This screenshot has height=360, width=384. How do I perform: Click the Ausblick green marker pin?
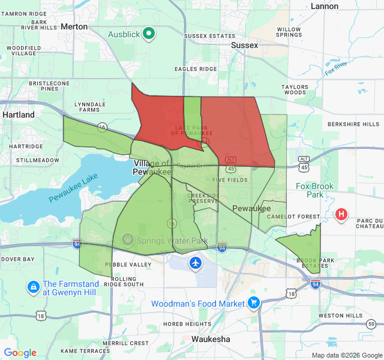(149, 34)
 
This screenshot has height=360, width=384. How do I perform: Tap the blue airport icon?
(196, 263)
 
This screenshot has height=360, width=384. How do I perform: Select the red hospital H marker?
(342, 214)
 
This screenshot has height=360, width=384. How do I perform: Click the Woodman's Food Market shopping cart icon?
(254, 304)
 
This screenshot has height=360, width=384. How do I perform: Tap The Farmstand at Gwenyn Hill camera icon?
(33, 288)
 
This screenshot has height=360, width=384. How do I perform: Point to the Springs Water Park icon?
(127, 241)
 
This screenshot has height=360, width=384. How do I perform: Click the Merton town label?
(74, 27)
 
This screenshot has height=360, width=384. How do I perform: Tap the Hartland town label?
(19, 114)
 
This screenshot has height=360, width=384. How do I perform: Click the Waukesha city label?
(211, 339)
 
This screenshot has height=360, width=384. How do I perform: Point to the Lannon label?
(325, 6)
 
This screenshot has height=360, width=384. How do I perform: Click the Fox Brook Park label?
(314, 191)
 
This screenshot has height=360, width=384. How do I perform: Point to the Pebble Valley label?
(128, 265)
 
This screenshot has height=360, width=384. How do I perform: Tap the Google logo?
(20, 353)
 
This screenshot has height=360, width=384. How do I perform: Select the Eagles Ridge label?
(196, 69)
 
